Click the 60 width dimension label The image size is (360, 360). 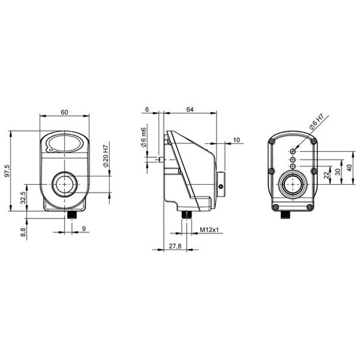click(x=65, y=111)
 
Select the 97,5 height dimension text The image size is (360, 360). click(x=7, y=171)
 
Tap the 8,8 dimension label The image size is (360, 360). click(x=23, y=231)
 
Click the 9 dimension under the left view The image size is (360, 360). click(x=84, y=229)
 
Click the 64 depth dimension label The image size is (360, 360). click(x=190, y=110)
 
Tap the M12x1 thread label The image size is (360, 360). click(x=209, y=229)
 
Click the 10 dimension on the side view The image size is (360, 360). click(x=237, y=140)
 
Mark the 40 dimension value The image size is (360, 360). click(x=349, y=167)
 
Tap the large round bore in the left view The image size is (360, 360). click(x=64, y=183)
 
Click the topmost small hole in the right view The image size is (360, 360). click(x=293, y=150)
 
